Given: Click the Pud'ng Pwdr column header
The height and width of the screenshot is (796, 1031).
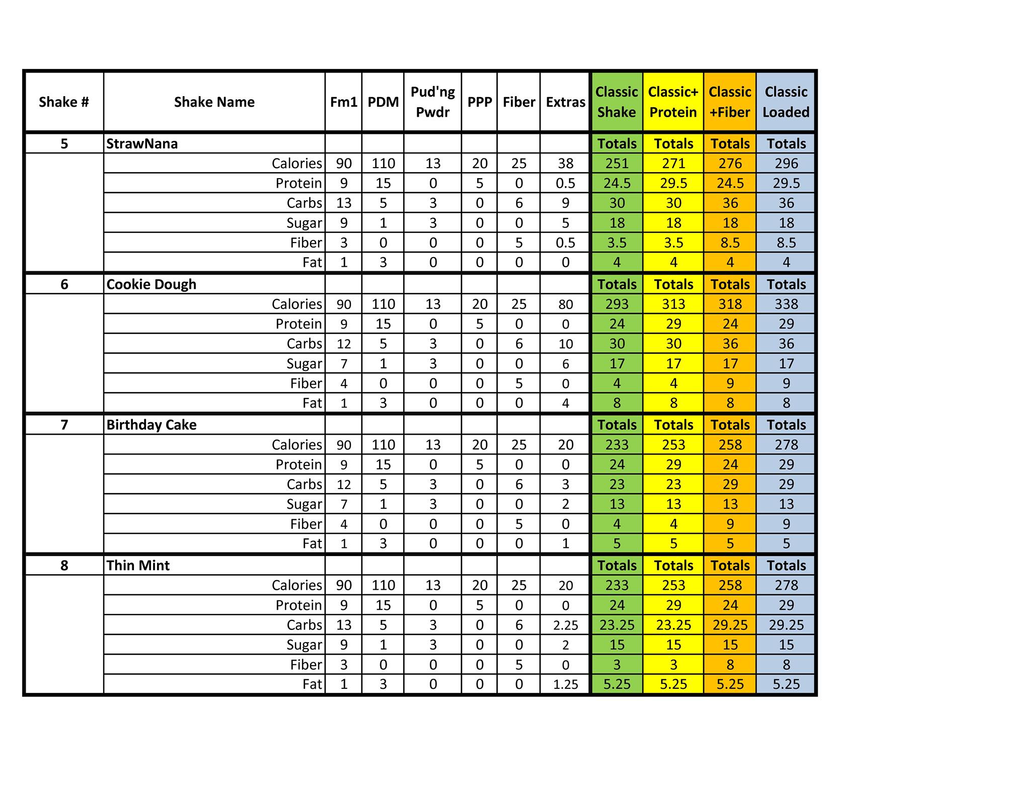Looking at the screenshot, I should pyautogui.click(x=432, y=102).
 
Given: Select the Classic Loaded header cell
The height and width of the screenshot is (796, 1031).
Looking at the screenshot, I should pyautogui.click(x=786, y=102).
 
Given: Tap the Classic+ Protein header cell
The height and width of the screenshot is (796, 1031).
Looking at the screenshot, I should pyautogui.click(x=673, y=102).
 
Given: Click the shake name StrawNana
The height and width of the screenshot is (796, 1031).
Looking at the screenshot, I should pyautogui.click(x=142, y=144).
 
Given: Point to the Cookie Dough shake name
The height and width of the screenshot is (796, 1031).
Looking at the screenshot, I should pyautogui.click(x=151, y=284).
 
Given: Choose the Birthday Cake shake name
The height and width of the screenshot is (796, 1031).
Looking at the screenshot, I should pyautogui.click(x=151, y=425).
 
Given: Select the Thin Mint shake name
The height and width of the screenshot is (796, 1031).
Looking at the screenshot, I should pyautogui.click(x=138, y=566).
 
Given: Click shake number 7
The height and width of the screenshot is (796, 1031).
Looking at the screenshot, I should pyautogui.click(x=64, y=425).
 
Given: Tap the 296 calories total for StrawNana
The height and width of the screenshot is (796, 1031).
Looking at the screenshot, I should pyautogui.click(x=786, y=164).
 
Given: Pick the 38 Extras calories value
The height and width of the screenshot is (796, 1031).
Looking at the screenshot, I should pyautogui.click(x=565, y=164).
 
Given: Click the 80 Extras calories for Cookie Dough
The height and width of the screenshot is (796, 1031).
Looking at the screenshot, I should pyautogui.click(x=565, y=304).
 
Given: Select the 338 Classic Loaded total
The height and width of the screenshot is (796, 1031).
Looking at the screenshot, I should pyautogui.click(x=786, y=304).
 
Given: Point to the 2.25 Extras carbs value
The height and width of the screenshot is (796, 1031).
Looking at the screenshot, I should pyautogui.click(x=565, y=625).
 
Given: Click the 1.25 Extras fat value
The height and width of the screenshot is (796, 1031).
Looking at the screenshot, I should pyautogui.click(x=565, y=684).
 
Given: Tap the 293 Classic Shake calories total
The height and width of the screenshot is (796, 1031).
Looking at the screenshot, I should pyautogui.click(x=617, y=304).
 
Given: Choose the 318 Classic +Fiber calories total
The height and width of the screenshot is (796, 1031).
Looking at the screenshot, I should pyautogui.click(x=730, y=304).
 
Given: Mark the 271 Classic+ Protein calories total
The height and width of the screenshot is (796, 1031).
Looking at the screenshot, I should pyautogui.click(x=673, y=164).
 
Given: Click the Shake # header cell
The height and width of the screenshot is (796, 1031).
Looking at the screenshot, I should pyautogui.click(x=64, y=102).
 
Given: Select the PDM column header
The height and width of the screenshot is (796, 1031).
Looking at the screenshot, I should pyautogui.click(x=383, y=102).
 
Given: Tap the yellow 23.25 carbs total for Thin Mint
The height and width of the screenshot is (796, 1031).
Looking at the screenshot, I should pyautogui.click(x=673, y=625).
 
